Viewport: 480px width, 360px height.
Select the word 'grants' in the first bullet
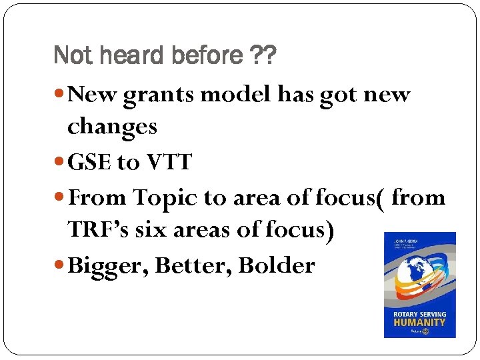[x=161, y=95]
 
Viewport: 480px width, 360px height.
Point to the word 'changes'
[x=112, y=126]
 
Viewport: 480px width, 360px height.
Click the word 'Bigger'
[x=108, y=266]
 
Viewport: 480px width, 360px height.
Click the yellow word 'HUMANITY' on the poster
[x=419, y=321]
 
